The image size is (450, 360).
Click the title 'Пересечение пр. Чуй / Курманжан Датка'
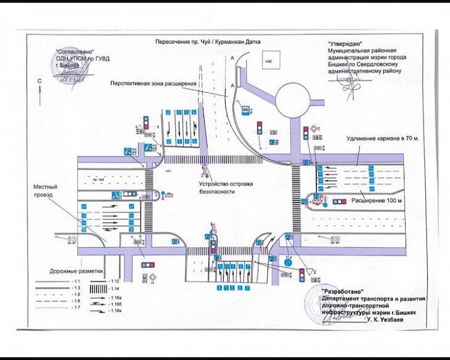tap(208, 41)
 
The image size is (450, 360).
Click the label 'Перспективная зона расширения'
tap(153, 83)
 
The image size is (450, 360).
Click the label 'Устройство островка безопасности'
tap(215, 187)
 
